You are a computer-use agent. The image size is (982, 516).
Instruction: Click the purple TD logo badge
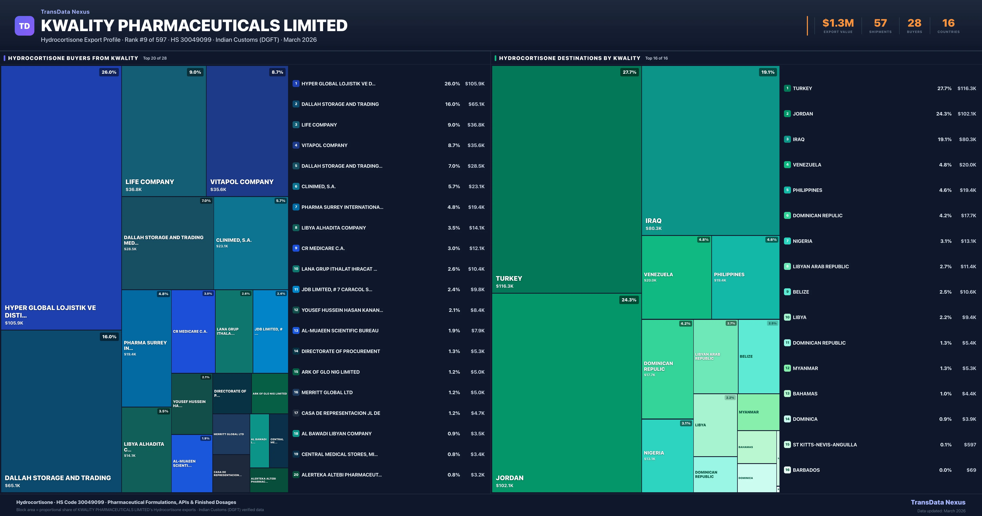point(24,26)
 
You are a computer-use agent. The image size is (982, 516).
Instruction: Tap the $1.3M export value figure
point(838,23)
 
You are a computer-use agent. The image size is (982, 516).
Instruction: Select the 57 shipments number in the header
point(880,23)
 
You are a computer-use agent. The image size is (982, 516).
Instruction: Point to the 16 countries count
point(948,23)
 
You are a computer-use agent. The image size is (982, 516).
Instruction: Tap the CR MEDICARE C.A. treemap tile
point(193,331)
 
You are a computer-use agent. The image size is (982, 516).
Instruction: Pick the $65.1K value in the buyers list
point(476,104)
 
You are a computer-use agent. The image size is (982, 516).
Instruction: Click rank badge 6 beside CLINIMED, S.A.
point(296,187)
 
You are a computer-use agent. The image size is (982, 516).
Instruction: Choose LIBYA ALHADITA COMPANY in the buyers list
point(333,228)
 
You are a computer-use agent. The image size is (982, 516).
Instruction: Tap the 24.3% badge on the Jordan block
point(629,300)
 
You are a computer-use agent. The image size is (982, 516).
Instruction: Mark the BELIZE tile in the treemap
point(758,356)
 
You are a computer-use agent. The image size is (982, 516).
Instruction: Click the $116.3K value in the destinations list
point(966,88)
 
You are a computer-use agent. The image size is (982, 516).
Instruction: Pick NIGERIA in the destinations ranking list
point(802,241)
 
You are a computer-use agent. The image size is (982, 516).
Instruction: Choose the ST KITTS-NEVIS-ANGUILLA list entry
point(824,445)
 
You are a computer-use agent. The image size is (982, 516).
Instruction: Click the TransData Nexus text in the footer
point(938,502)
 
